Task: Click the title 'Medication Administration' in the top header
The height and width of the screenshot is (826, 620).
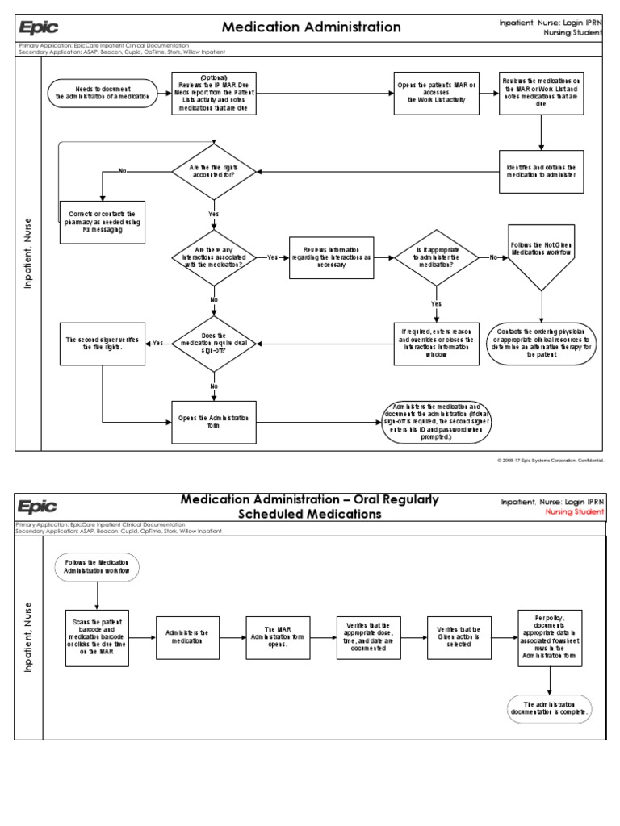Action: click(311, 27)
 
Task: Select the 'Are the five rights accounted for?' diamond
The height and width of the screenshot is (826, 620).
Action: click(214, 171)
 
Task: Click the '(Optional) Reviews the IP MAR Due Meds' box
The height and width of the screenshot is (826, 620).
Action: click(214, 93)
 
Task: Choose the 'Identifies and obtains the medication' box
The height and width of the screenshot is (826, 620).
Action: click(540, 171)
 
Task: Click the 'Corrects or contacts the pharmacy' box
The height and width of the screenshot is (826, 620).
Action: click(103, 222)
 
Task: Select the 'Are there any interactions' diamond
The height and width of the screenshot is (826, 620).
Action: click(214, 257)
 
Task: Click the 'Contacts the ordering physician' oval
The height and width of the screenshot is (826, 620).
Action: click(541, 343)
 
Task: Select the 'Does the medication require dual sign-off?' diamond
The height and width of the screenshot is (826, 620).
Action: click(214, 342)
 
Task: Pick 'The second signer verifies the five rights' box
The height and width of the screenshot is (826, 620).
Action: click(103, 343)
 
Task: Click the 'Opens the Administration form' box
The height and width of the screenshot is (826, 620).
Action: click(214, 422)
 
